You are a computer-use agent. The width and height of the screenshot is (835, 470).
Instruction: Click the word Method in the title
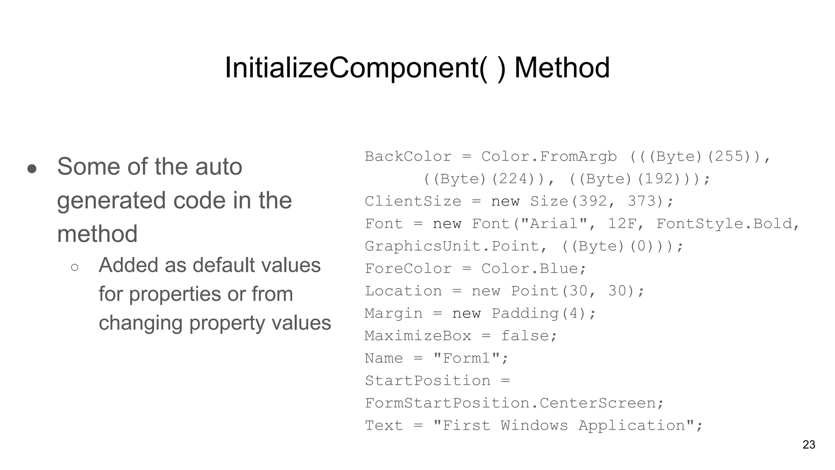[x=562, y=68]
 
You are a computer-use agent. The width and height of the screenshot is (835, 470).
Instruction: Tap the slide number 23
[x=808, y=445]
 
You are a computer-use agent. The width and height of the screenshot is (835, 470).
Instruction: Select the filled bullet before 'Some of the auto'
[x=32, y=168]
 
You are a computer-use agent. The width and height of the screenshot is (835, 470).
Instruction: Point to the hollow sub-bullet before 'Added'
[x=75, y=268]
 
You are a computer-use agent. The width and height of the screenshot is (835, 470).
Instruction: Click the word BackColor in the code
[x=408, y=157]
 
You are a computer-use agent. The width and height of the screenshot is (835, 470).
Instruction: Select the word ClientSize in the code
[x=413, y=202]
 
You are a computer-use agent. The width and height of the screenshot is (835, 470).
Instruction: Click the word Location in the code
[x=403, y=291]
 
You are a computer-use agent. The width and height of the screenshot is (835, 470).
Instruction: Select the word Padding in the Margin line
[x=525, y=314]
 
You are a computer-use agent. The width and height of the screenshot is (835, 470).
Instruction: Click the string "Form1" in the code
[x=466, y=359]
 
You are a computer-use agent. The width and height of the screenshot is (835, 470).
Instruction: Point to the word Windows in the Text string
[x=534, y=426]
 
